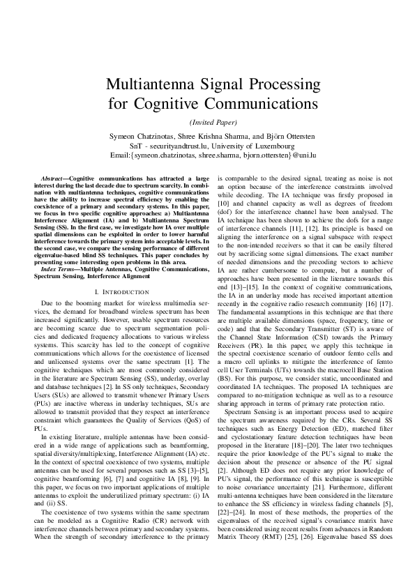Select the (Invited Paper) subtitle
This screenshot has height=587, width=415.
[x=207, y=122]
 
